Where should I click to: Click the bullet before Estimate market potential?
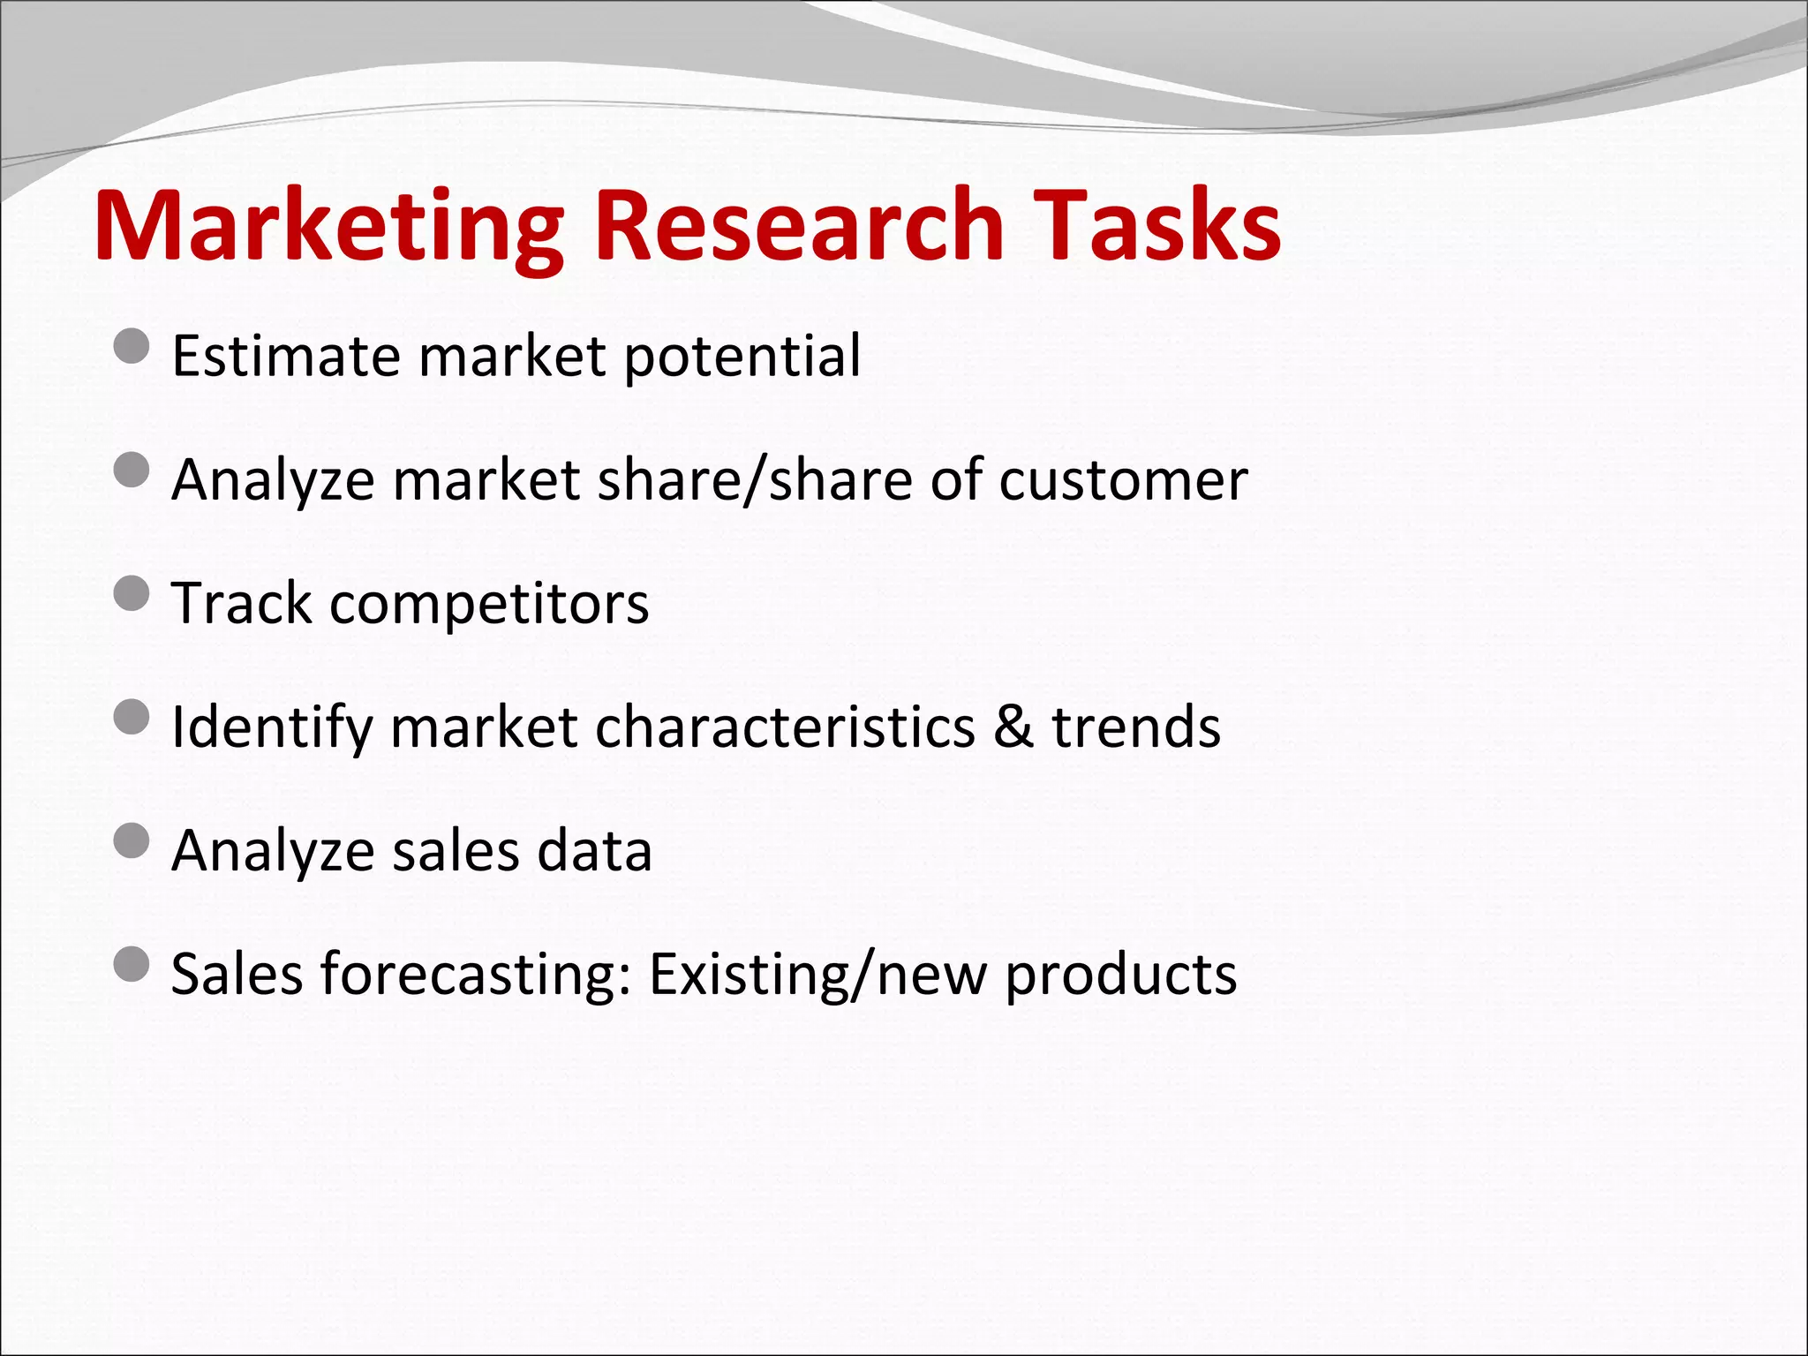pyautogui.click(x=132, y=346)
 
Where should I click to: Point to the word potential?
pyautogui.click(x=742, y=357)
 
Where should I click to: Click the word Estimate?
pyautogui.click(x=285, y=357)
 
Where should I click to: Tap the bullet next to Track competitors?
pyautogui.click(x=132, y=593)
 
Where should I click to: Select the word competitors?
pyautogui.click(x=489, y=606)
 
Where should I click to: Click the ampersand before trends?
pyautogui.click(x=1013, y=727)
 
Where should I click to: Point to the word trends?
pyautogui.click(x=1136, y=727)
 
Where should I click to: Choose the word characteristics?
pyautogui.click(x=785, y=727)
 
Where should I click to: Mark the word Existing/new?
pyautogui.click(x=817, y=976)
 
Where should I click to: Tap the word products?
pyautogui.click(x=1121, y=976)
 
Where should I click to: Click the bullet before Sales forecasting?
pyautogui.click(x=132, y=964)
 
